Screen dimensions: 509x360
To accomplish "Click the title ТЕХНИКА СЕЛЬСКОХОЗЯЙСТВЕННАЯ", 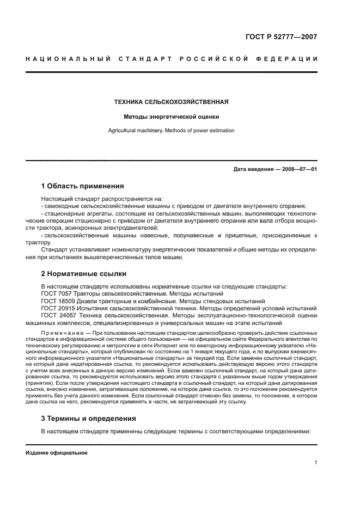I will click(x=170, y=102).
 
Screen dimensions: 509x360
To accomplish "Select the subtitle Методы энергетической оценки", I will click(x=170, y=116).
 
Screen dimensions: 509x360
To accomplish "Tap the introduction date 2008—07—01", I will click(x=298, y=169).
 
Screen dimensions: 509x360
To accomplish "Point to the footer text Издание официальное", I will click(x=57, y=453).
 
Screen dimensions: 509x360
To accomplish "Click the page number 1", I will click(x=315, y=463).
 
